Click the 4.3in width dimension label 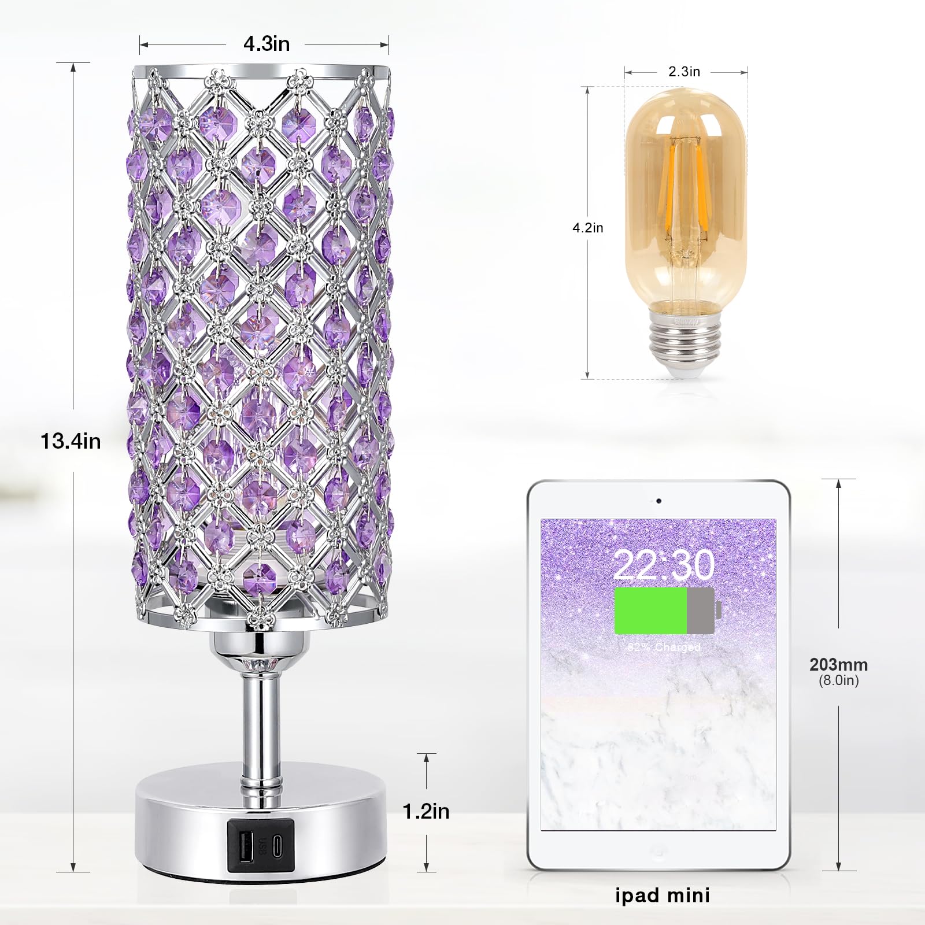pos(267,44)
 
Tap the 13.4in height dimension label pos(71,441)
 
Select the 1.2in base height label pos(426,811)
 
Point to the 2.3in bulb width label pos(684,72)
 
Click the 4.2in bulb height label pos(587,228)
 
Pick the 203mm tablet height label pos(838,664)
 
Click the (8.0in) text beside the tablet pos(838,680)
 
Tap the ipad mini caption pos(662,896)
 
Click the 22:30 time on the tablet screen pos(663,565)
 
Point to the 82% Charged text pos(664,647)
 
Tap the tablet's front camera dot pos(658,501)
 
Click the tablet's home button pos(658,850)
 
